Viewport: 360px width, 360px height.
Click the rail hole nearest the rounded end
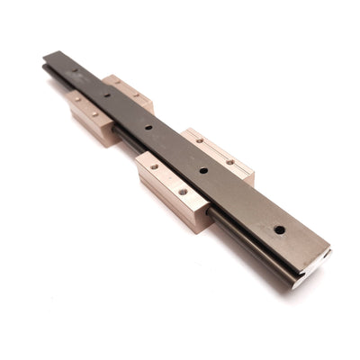coord(280,229)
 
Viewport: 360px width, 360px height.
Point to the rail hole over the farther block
coord(106,94)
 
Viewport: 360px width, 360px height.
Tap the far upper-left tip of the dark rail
coord(47,56)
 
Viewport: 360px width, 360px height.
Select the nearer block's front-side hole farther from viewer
coord(154,166)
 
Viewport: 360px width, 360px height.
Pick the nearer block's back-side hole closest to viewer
coord(231,162)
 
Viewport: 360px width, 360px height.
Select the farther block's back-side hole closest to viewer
coord(137,94)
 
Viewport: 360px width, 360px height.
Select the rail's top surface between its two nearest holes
coord(241,199)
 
